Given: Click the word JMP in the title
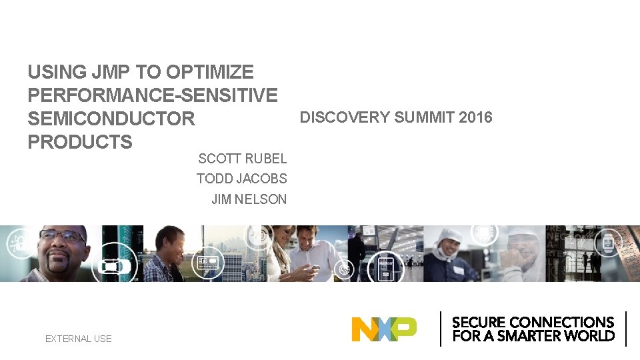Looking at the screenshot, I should pos(111,72).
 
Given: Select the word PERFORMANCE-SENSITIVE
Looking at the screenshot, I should pos(153,95).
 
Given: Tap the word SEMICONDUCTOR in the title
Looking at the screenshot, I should pos(111,119).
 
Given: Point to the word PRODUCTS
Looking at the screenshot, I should pos(80,142).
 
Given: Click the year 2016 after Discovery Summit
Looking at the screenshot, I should pos(475,118).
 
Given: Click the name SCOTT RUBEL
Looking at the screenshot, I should pos(243,159).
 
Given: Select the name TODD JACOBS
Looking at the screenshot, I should pos(242,179).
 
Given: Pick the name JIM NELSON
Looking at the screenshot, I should pos(249,199).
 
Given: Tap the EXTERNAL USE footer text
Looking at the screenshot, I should pos(79,339).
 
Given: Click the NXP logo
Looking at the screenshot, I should pos(384,329).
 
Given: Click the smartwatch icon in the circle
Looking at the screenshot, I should pos(608,244).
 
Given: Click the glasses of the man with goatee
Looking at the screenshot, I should pos(61,237).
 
